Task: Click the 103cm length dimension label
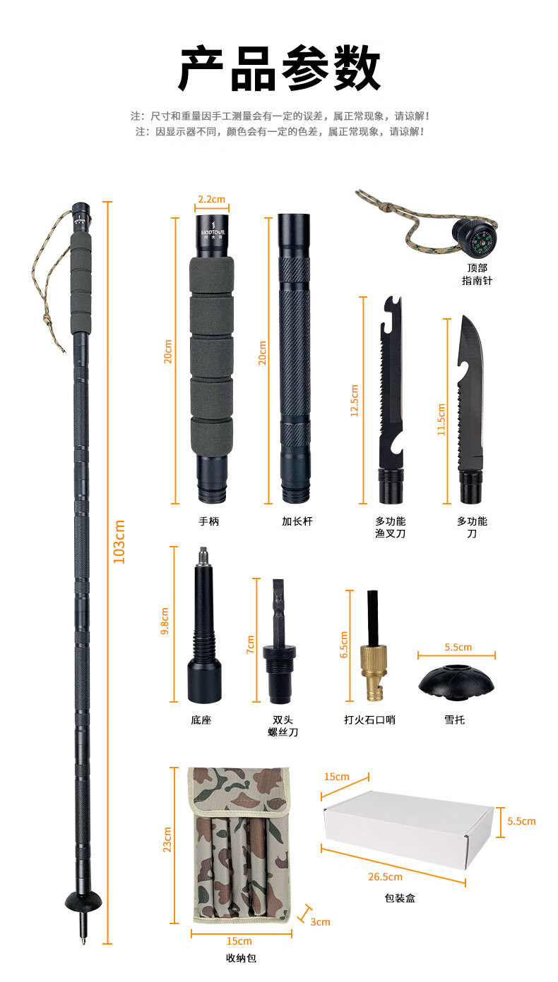pos(119,542)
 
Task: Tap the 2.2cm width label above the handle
pos(212,199)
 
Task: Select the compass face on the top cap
pos(485,241)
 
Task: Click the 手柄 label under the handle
pos(209,521)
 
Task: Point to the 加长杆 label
pos(297,521)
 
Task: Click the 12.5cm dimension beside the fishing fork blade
pos(355,401)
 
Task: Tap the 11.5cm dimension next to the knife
pos(441,420)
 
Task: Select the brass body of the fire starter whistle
pos(374,671)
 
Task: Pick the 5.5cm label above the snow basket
pos(458,647)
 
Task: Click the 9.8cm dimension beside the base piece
pos(165,622)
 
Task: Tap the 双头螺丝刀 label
pos(283,726)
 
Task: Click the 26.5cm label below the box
pos(385,877)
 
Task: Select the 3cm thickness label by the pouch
pos(320,922)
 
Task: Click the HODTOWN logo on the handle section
pos(213,232)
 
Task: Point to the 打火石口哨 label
pos(369,720)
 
